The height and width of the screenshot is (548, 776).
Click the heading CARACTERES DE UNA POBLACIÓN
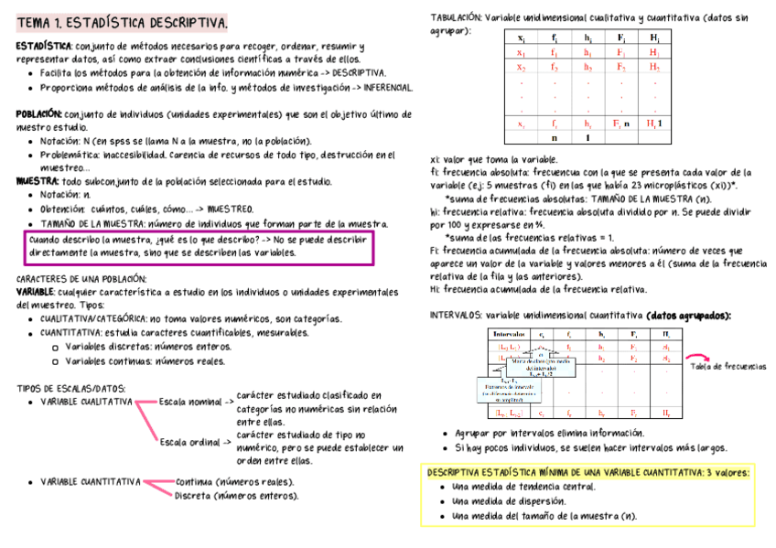coord(81,278)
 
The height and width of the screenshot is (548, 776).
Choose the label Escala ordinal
coord(190,443)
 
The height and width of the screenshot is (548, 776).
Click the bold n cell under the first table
coord(553,138)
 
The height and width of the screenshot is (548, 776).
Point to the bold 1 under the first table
coord(587,138)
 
